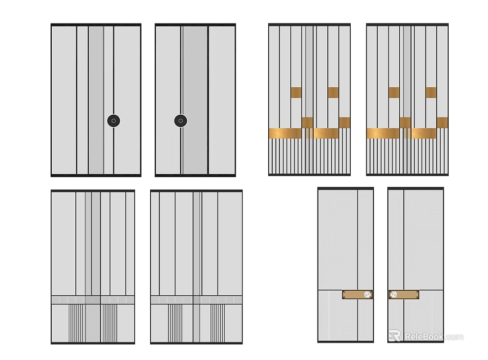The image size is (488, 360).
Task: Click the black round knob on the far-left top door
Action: (114, 120)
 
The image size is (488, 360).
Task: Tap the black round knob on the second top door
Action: (180, 120)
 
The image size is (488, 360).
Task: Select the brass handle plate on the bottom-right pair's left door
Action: (358, 294)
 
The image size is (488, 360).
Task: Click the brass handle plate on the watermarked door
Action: (404, 294)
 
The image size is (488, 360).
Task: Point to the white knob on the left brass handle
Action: (367, 294)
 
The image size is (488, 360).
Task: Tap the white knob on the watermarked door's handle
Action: (394, 294)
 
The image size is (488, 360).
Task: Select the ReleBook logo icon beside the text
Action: (395, 336)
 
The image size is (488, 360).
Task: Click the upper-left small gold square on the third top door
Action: (296, 92)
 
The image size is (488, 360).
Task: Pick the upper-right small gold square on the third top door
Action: (333, 92)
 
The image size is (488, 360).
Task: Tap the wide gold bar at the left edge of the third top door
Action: (285, 133)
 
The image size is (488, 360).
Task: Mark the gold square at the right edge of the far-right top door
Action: (442, 123)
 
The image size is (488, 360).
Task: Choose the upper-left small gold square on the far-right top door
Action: (394, 92)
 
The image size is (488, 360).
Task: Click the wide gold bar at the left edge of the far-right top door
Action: (383, 133)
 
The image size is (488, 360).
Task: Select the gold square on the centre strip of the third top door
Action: (308, 122)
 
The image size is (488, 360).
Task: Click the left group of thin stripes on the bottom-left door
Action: (77, 323)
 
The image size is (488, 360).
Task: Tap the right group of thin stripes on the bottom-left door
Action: (109, 323)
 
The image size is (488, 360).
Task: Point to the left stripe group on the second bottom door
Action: (175, 323)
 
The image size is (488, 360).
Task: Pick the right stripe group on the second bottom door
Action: (218, 323)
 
